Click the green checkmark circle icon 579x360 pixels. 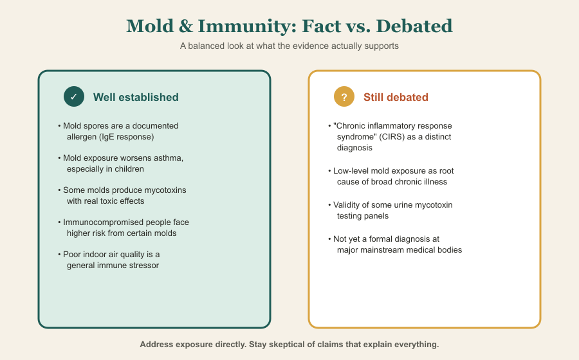pyautogui.click(x=74, y=96)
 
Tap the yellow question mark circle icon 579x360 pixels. pyautogui.click(x=344, y=96)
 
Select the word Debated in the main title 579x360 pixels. pyautogui.click(x=414, y=26)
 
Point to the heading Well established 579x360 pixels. pyautogui.click(x=136, y=97)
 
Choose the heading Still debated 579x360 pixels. pyautogui.click(x=396, y=97)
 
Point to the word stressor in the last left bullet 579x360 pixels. pyautogui.click(x=143, y=265)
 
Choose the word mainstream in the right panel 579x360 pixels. pyautogui.click(x=381, y=250)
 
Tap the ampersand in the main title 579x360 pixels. pyautogui.click(x=186, y=26)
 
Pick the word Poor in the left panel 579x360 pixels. pyautogui.click(x=71, y=255)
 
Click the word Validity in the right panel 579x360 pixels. pyautogui.click(x=347, y=205)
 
